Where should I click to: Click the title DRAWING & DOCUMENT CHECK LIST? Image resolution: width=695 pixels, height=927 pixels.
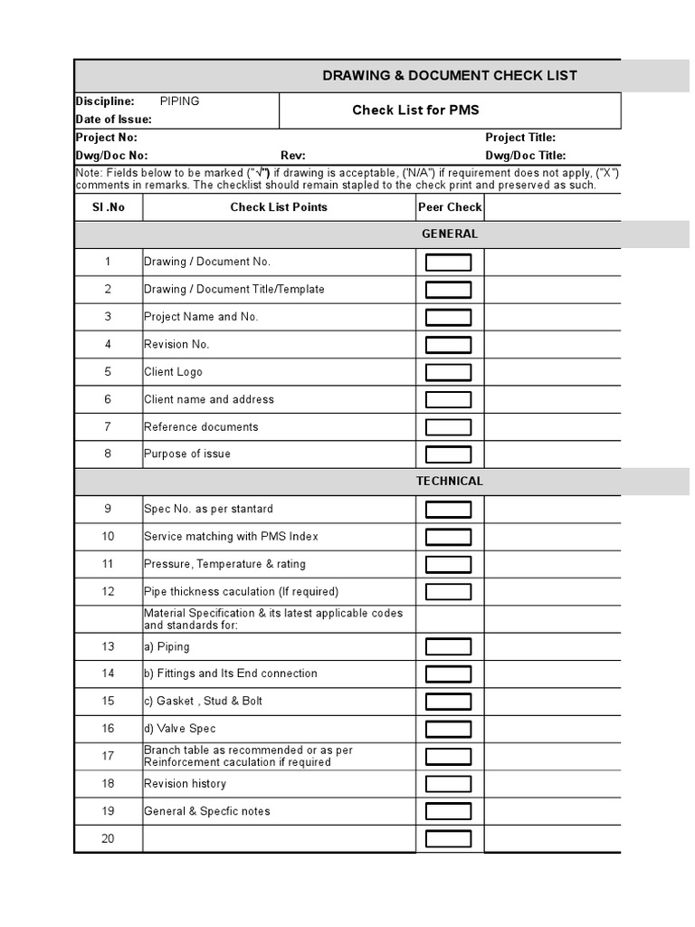click(450, 75)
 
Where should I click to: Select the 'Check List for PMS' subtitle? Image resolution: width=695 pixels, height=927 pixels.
click(415, 110)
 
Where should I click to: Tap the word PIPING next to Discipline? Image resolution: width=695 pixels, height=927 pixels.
click(179, 101)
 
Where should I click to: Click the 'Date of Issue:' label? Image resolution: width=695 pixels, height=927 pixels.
click(113, 119)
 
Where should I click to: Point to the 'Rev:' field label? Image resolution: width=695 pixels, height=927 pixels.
click(293, 156)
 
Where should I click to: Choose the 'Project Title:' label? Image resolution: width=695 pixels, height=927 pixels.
click(520, 138)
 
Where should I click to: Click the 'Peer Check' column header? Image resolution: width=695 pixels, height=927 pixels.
click(450, 207)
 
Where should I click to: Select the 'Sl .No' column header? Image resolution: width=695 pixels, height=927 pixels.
click(108, 207)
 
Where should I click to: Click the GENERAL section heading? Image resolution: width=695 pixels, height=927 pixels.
click(450, 234)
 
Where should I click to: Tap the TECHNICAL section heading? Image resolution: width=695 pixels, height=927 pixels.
click(450, 481)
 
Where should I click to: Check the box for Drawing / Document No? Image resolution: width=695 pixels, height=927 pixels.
click(449, 263)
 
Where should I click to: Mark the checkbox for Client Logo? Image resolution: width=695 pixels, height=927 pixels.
click(449, 372)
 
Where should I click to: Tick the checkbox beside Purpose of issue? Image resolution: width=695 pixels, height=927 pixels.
click(449, 454)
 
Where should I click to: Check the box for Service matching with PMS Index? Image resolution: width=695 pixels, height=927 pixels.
click(449, 537)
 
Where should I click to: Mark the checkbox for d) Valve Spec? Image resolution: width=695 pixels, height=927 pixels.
click(449, 729)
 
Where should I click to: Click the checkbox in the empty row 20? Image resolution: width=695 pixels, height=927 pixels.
click(449, 838)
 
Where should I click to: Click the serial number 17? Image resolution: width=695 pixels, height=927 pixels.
click(108, 756)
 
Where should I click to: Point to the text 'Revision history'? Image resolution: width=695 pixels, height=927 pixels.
click(185, 784)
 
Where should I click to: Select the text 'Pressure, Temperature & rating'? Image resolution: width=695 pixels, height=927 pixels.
click(224, 564)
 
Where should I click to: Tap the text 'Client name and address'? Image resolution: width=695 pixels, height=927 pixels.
click(208, 399)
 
